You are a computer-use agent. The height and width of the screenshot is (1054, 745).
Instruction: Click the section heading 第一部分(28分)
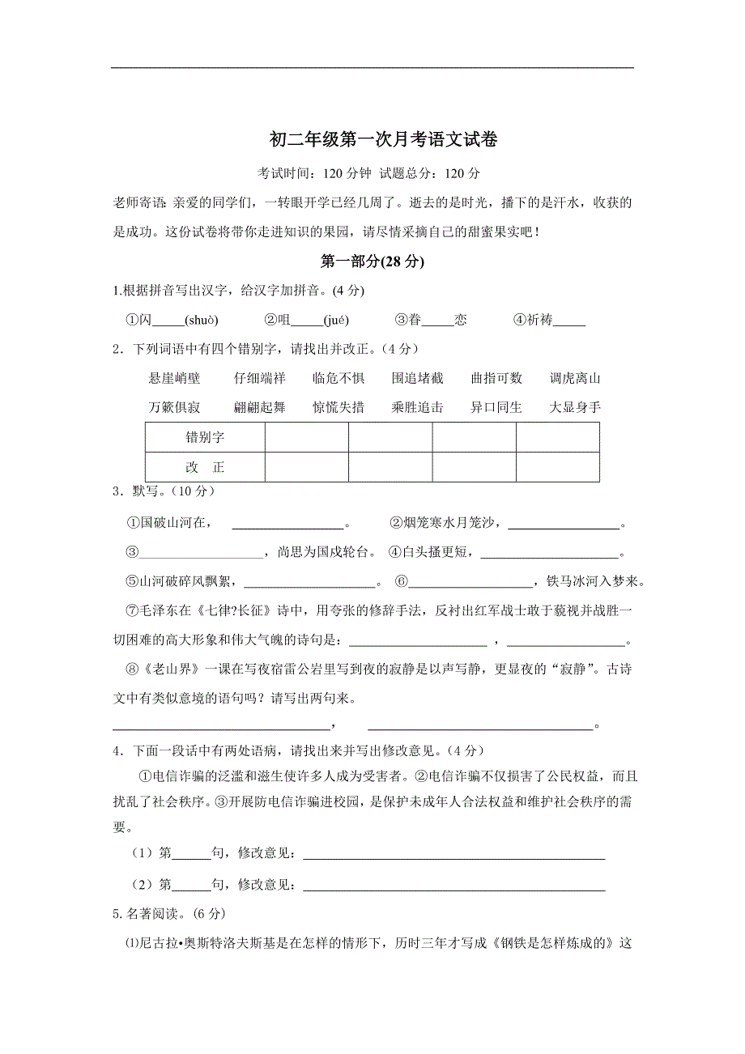pyautogui.click(x=372, y=261)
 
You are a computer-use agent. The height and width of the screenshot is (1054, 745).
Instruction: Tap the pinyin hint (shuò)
pyautogui.click(x=202, y=320)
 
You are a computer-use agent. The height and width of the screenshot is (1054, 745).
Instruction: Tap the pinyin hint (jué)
pyautogui.click(x=336, y=320)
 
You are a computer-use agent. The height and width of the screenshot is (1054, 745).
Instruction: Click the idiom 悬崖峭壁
pyautogui.click(x=174, y=378)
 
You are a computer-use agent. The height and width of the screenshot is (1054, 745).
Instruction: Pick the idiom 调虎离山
pyautogui.click(x=574, y=378)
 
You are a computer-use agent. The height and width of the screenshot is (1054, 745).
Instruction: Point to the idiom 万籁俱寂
pyautogui.click(x=174, y=407)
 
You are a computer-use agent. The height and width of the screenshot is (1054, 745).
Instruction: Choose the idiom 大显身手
pyautogui.click(x=574, y=407)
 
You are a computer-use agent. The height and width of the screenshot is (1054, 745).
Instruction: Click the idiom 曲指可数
pyautogui.click(x=496, y=378)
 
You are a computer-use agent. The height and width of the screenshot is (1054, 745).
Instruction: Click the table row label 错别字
pyautogui.click(x=205, y=438)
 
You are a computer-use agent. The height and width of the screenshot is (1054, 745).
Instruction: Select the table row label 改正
pyautogui.click(x=205, y=467)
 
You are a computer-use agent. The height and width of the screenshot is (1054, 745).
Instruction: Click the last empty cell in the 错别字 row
pyautogui.click(x=557, y=438)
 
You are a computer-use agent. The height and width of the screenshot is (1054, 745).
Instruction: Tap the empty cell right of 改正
pyautogui.click(x=306, y=467)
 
